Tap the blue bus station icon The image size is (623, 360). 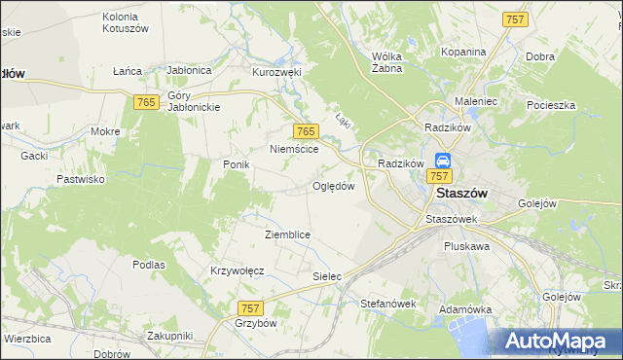[x=443, y=161]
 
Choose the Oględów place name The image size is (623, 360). [x=333, y=186]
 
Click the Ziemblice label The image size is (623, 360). [x=287, y=234]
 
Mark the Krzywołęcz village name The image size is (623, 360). [x=238, y=270]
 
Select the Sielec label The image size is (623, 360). [x=327, y=276]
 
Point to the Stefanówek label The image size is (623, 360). [x=387, y=304]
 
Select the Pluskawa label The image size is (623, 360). [x=466, y=247]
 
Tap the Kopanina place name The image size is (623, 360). [x=462, y=52]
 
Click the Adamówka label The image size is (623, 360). [x=462, y=308]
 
